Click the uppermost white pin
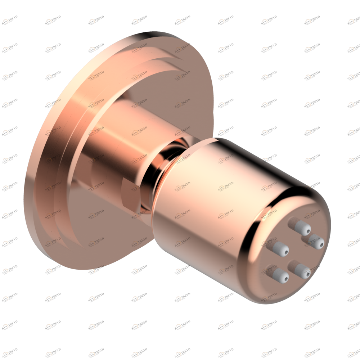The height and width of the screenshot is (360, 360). pos(302,228)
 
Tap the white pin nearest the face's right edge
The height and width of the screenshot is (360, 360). pos(316,242)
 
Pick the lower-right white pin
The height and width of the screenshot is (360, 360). pos(302,271)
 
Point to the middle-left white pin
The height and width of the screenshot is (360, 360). pos(280,249)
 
